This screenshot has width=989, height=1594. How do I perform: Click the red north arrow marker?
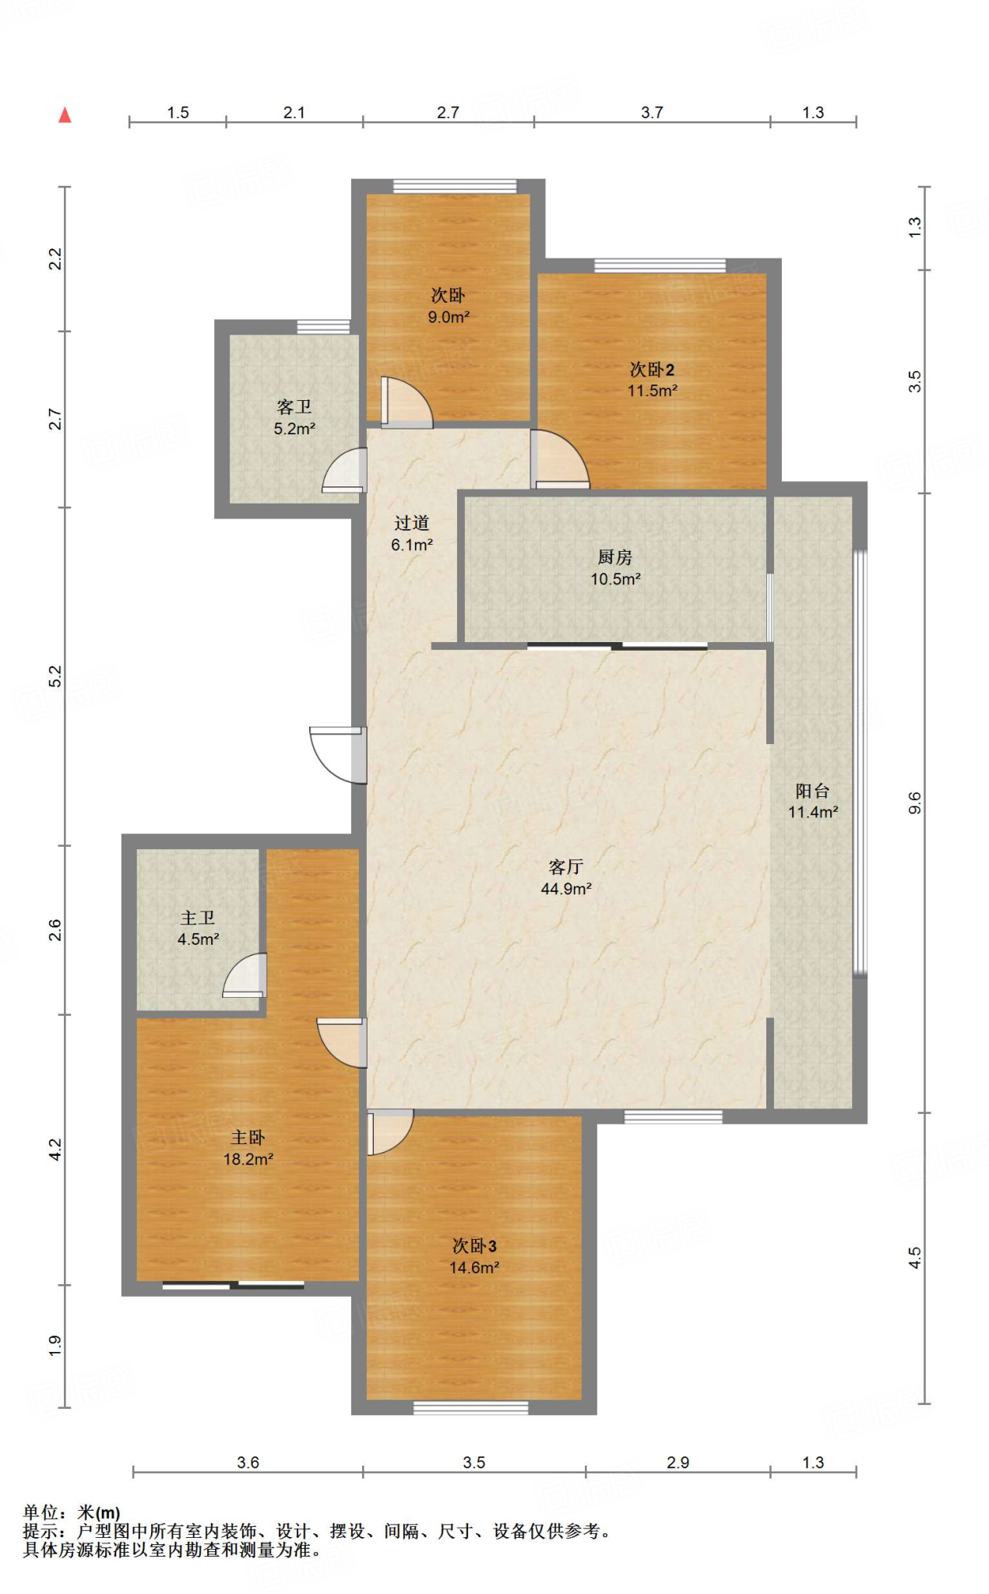tap(65, 115)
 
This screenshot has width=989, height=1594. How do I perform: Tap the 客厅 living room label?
tap(566, 867)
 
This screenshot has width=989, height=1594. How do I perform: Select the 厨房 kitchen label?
tap(615, 557)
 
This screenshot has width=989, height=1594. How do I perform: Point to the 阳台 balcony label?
tap(812, 791)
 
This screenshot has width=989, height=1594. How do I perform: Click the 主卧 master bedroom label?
tap(248, 1138)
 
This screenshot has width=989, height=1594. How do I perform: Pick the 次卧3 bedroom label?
tap(474, 1246)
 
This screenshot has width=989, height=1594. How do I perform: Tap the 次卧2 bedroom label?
tap(652, 370)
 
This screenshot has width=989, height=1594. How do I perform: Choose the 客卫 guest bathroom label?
tap(294, 407)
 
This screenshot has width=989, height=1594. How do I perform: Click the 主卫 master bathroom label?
tap(198, 918)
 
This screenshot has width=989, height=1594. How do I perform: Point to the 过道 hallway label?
tap(411, 523)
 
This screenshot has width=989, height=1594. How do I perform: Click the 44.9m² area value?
tap(566, 889)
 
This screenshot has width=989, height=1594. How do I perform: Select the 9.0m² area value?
tap(449, 317)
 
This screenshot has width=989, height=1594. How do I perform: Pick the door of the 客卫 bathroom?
tap(345, 471)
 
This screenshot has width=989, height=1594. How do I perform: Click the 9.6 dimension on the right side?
tap(914, 802)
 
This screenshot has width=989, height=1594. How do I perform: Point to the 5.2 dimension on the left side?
tap(55, 676)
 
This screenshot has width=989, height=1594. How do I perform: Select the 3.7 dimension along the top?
tap(652, 112)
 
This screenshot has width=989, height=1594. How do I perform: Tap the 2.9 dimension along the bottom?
tap(678, 1462)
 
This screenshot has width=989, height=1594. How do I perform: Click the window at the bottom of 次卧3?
tap(470, 1407)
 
